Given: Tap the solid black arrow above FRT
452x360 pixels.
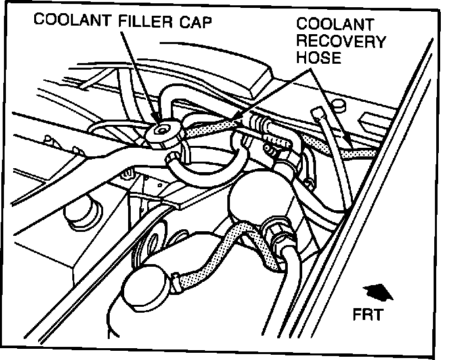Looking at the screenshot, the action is point(375,291).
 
